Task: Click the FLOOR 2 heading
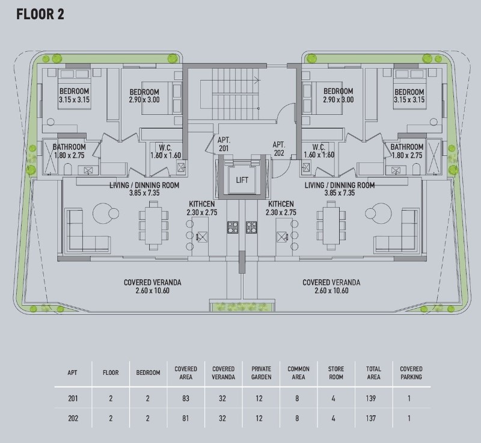coord(40,14)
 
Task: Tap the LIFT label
coord(242,180)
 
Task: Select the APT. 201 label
coord(224,144)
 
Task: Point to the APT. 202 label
coord(279,149)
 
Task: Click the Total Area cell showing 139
coord(370,398)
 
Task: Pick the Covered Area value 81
coord(186,418)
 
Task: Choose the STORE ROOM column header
coord(336,373)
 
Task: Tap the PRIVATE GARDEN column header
coord(261,373)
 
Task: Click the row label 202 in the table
coord(73,418)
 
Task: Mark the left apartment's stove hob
coord(233,227)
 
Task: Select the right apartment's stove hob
coord(251,227)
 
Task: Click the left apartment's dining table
coord(153,226)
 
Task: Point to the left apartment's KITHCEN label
coord(202,204)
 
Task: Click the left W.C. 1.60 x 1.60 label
coord(165,151)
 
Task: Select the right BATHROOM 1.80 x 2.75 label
coord(407,151)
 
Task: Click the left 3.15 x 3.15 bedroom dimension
coord(74,99)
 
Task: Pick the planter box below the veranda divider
coord(242,306)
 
